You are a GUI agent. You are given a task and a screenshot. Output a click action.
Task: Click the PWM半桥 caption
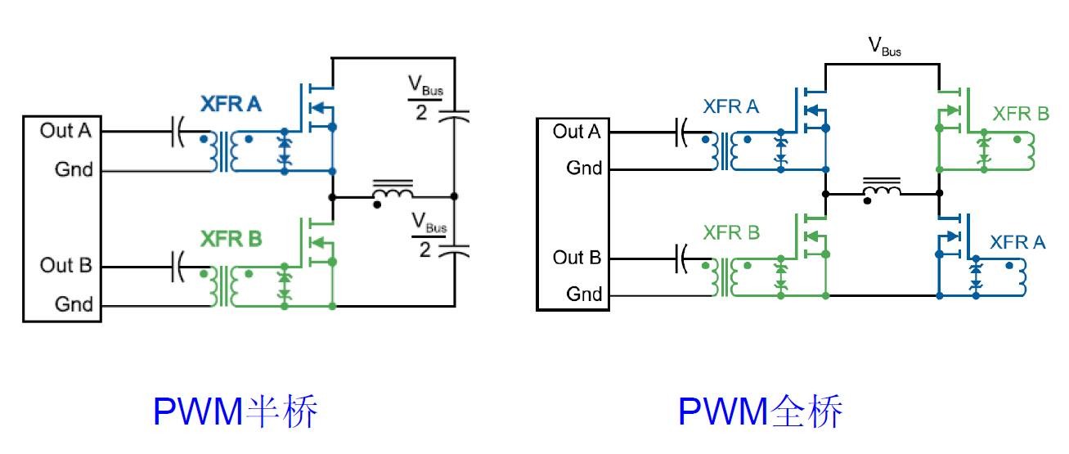click(236, 412)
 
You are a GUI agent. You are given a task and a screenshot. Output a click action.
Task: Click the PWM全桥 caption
click(760, 412)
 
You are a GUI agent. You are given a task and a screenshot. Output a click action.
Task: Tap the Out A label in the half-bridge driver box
click(66, 131)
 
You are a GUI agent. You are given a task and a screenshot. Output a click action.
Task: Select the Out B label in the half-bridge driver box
click(66, 266)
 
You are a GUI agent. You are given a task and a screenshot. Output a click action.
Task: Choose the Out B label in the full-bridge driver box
click(577, 258)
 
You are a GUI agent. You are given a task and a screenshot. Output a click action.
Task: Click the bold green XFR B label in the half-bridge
click(231, 240)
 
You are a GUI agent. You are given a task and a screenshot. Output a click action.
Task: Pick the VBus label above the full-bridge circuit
click(885, 47)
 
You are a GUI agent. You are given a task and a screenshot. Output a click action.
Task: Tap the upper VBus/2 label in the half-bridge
click(426, 98)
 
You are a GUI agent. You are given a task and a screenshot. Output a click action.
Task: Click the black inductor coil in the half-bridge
click(393, 193)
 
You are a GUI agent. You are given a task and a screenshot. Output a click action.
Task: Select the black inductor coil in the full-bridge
click(883, 190)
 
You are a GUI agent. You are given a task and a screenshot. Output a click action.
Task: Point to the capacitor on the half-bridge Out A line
click(177, 131)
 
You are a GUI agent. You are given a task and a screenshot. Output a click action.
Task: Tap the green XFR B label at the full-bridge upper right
click(1021, 114)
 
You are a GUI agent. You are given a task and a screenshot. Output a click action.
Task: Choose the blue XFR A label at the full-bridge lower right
click(1017, 243)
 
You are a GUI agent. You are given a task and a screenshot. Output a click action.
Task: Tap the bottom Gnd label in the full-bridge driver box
click(584, 294)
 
